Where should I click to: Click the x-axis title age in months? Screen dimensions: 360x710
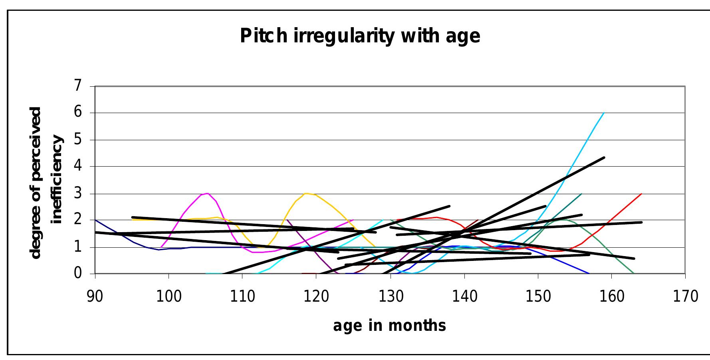tap(389, 326)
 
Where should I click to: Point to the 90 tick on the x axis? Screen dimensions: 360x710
tap(95, 296)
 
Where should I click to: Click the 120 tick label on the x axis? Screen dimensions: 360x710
tap(316, 296)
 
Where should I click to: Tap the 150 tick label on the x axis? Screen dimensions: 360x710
tap(538, 296)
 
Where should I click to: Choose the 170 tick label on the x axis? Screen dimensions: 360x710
tap(685, 296)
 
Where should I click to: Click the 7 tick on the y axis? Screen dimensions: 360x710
tap(77, 86)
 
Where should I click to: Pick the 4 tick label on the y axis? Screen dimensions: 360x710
tap(77, 166)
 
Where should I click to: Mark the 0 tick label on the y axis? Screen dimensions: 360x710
tap(77, 274)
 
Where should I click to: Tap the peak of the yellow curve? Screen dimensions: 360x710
tap(306, 193)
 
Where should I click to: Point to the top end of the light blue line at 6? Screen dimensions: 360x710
tap(604, 113)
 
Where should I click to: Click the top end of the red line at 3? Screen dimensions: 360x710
tap(641, 194)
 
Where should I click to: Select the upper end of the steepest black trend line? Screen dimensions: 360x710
tap(604, 157)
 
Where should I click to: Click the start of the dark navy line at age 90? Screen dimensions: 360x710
tap(96, 220)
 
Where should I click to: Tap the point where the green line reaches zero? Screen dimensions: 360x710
tap(634, 273)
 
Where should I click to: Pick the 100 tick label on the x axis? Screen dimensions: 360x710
tap(169, 296)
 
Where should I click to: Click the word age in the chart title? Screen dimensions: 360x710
tap(463, 36)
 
